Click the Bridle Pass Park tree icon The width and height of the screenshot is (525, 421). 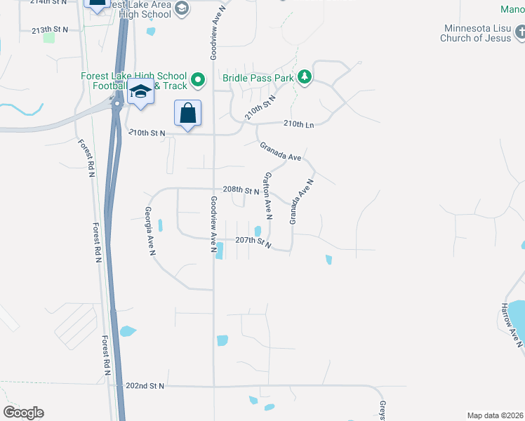tap(304, 77)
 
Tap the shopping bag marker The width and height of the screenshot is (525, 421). tap(187, 113)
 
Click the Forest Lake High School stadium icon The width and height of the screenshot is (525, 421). tap(198, 79)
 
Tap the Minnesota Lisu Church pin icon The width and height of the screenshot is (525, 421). tap(520, 32)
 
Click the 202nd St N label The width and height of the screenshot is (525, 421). tap(145, 386)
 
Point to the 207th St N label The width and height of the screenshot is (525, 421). tap(253, 241)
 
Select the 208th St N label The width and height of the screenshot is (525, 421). tap(241, 190)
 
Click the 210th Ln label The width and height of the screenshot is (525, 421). tap(298, 123)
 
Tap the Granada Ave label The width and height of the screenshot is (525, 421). tap(280, 152)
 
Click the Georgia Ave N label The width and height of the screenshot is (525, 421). tap(149, 230)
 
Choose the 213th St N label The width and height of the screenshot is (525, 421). tap(51, 29)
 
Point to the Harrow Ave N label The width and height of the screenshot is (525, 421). tap(512, 325)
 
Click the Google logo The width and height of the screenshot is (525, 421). tap(23, 412)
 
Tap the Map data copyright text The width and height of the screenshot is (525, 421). tap(496, 415)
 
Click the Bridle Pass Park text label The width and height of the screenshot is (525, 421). tap(258, 78)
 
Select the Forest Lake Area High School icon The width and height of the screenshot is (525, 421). tap(182, 8)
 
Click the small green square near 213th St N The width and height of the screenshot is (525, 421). tap(48, 37)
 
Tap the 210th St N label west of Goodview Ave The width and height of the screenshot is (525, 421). tap(147, 133)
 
